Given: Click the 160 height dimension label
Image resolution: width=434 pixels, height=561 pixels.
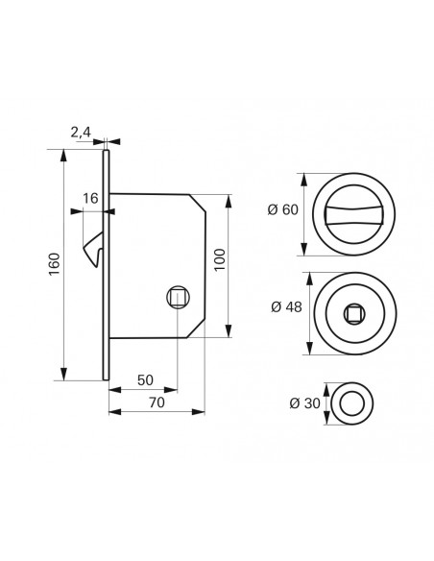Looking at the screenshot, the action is pyautogui.click(x=54, y=264).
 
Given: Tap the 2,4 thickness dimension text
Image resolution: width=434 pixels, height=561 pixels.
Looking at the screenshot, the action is pyautogui.click(x=81, y=133).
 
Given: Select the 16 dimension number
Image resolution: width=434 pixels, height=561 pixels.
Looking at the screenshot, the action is pyautogui.click(x=90, y=198).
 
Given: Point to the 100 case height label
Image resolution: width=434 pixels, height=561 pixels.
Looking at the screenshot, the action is pyautogui.click(x=220, y=259).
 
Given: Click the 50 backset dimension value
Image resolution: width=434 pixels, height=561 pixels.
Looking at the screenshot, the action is pyautogui.click(x=145, y=380).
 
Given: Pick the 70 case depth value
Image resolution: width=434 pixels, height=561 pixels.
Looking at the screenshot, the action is pyautogui.click(x=157, y=402).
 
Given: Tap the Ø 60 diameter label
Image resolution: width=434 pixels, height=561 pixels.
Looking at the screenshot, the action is pyautogui.click(x=283, y=209).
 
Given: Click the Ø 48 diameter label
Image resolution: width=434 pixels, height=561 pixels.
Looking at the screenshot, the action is pyautogui.click(x=286, y=307).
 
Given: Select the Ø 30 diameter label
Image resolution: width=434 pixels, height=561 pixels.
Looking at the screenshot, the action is pyautogui.click(x=305, y=403).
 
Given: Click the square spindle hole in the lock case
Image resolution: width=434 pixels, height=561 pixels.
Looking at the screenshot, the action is pyautogui.click(x=178, y=298).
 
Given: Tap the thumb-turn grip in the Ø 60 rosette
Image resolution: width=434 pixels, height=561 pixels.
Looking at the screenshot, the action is pyautogui.click(x=353, y=214).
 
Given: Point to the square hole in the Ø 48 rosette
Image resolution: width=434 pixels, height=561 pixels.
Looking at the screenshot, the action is pyautogui.click(x=354, y=314).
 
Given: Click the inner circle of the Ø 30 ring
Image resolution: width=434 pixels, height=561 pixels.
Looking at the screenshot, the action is pyautogui.click(x=352, y=403).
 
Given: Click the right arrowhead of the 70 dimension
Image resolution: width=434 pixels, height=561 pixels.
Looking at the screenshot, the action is pyautogui.click(x=198, y=412).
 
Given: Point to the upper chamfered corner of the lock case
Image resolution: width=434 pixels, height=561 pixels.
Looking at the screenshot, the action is pyautogui.click(x=198, y=203).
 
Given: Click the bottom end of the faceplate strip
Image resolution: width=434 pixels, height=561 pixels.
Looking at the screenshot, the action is pyautogui.click(x=106, y=379).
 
